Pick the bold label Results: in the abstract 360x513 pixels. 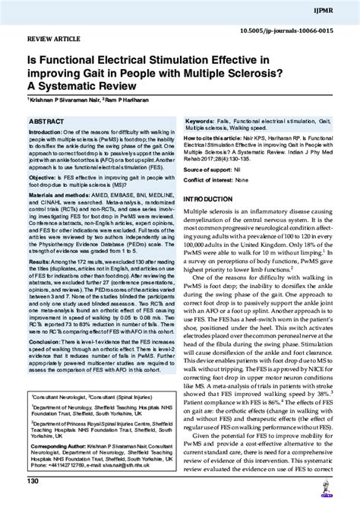pyautogui.click(x=40, y=282)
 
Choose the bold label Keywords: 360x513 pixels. pyautogui.click(x=201, y=122)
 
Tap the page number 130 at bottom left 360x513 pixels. pyautogui.click(x=33, y=503)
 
